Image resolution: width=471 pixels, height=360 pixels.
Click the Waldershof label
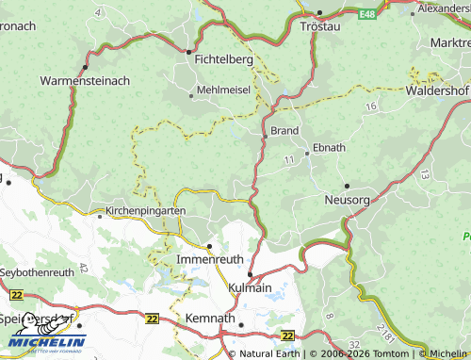point(437,91)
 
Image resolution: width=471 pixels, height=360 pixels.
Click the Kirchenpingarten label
point(145,211)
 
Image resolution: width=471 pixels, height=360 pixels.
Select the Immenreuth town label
point(210,257)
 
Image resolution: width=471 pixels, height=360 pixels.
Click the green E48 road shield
point(366,14)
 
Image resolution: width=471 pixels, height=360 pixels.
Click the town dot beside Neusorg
point(347,186)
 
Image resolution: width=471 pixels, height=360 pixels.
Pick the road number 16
point(371,108)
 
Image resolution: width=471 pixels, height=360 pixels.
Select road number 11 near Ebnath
point(287,163)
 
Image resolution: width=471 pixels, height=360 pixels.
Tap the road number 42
point(84,268)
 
